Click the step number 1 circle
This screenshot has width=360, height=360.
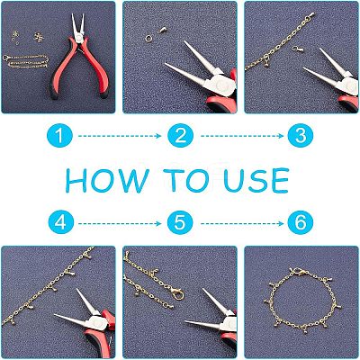click(x=59, y=136)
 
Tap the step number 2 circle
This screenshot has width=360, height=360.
click(x=180, y=136)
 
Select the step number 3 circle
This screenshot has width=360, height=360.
click(x=301, y=136)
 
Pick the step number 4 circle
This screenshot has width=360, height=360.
click(x=61, y=223)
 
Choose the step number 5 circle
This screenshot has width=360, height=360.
click(x=180, y=223)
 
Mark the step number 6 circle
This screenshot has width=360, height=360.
click(x=301, y=223)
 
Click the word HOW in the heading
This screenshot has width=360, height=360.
click(x=107, y=181)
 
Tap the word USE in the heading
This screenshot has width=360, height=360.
click(x=256, y=181)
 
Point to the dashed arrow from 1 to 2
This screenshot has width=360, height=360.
click(x=120, y=136)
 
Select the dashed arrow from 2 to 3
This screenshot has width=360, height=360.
click(x=242, y=136)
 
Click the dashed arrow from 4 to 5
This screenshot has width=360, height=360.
click(x=120, y=223)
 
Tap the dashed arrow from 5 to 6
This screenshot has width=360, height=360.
click(x=242, y=223)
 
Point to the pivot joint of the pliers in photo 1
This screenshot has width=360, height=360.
click(x=79, y=38)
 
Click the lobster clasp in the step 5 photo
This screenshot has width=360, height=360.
click(x=177, y=293)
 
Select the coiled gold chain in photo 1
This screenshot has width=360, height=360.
click(x=26, y=61)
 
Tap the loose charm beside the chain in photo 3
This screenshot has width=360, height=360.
click(x=298, y=49)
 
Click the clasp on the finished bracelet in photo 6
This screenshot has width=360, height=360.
click(x=300, y=273)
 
